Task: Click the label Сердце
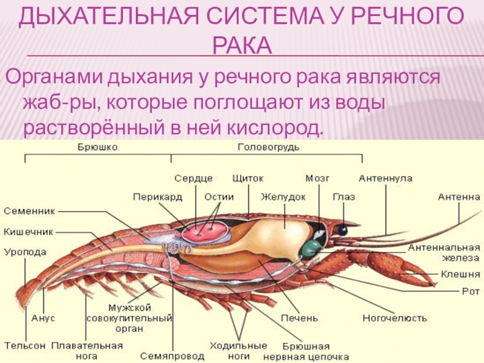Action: (x=193, y=178)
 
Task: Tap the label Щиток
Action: (x=247, y=178)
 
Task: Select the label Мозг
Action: (x=317, y=178)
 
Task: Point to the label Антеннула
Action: (x=385, y=178)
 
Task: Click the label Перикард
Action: (x=158, y=197)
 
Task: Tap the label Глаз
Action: (x=344, y=197)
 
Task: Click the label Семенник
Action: (x=30, y=211)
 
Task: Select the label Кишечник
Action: (x=28, y=231)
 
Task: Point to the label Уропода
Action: (x=25, y=252)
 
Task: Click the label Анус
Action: (x=43, y=317)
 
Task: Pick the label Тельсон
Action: (x=25, y=345)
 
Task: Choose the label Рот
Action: (x=470, y=291)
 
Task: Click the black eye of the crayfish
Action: (x=342, y=230)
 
